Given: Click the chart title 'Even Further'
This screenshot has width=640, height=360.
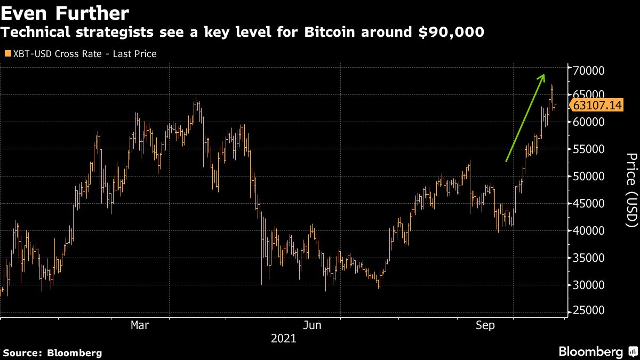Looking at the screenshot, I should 65,12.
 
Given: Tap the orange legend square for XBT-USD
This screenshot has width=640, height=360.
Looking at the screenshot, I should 7,54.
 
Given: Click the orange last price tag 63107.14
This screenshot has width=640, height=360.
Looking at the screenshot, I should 597,106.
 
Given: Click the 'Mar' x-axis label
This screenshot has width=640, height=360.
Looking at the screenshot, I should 140,325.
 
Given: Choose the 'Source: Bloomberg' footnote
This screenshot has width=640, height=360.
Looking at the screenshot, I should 52,353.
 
